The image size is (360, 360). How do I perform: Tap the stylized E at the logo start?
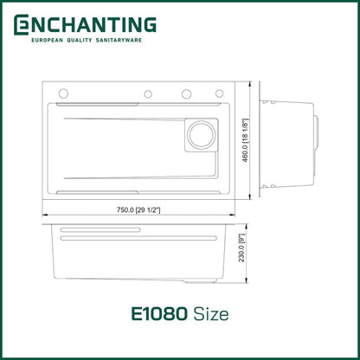(21, 26)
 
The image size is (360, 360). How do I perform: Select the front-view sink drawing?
(138, 255)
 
